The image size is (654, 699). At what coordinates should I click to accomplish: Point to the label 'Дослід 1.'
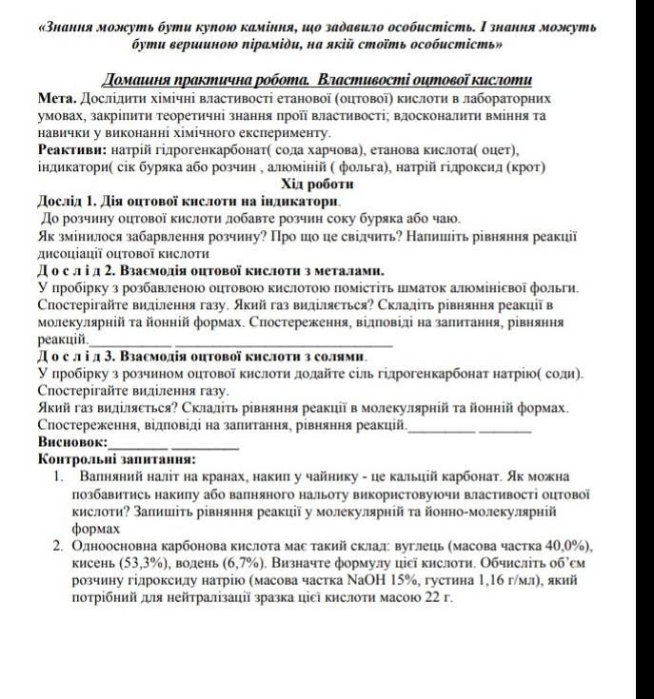tap(69, 202)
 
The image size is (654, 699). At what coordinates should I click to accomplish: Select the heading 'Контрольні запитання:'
tap(116, 458)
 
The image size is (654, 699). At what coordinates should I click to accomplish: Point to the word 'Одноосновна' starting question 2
tap(118, 546)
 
